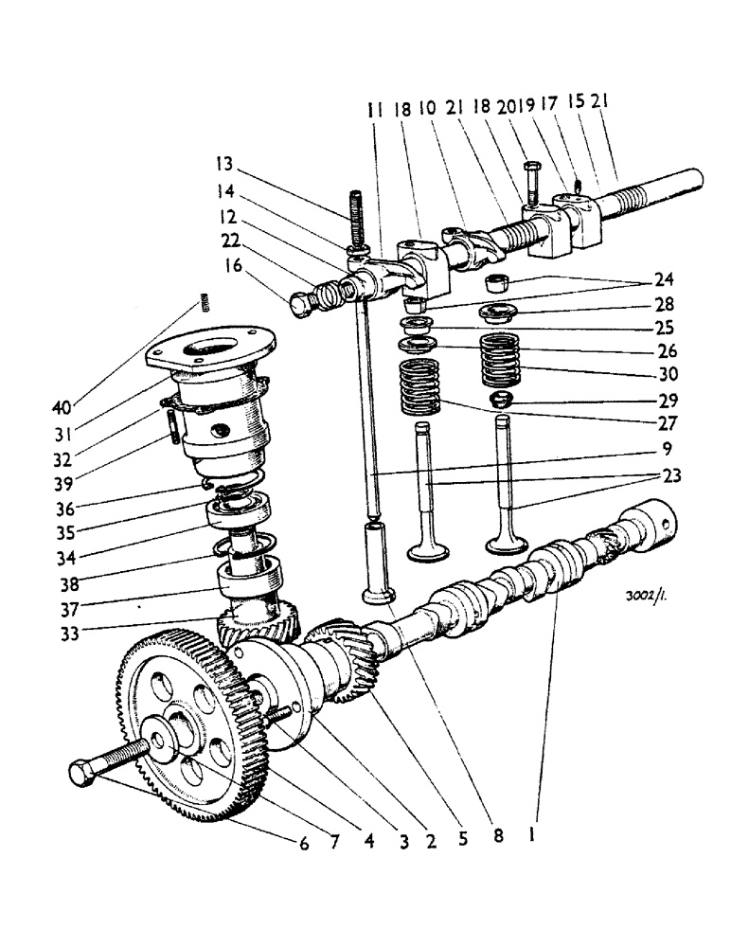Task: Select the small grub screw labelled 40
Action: click(x=203, y=304)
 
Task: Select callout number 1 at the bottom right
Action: click(x=537, y=837)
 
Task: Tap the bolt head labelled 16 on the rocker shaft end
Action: click(x=301, y=305)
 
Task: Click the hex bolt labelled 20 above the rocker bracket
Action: click(x=530, y=181)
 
